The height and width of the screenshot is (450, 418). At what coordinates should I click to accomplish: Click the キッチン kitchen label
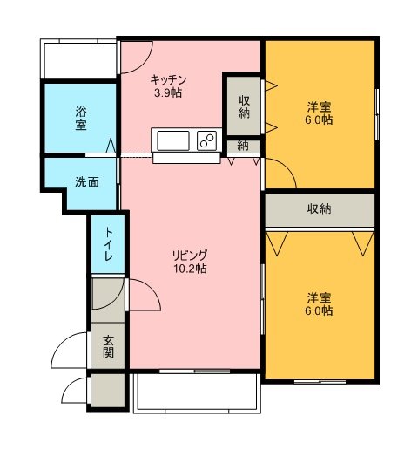pos(168,79)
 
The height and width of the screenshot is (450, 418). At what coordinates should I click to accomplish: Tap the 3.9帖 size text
pos(168,92)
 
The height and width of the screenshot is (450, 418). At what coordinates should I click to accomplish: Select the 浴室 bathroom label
pos(81,118)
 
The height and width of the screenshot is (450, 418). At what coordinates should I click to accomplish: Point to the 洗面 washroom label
pos(87,182)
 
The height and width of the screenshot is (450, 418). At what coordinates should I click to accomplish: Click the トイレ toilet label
pos(109,244)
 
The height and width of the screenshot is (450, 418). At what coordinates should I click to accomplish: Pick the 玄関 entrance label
pos(108,346)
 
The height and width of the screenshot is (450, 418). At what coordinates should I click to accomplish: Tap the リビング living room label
pos(190,256)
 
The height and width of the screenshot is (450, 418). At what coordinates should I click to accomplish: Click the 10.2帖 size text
pos(190,269)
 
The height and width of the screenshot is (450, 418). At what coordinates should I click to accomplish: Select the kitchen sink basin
pos(173,140)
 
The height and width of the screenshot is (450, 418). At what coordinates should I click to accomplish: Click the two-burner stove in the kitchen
pos(207,140)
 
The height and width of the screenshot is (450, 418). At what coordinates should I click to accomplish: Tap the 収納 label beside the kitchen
pos(244,106)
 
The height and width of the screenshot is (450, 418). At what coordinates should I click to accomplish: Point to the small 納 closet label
pos(243,146)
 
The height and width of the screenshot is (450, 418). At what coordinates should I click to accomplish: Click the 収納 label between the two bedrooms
pos(320,208)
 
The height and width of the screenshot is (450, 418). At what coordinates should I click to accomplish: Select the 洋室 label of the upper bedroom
pos(320,106)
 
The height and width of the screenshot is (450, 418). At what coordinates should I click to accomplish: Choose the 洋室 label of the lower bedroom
pos(320,297)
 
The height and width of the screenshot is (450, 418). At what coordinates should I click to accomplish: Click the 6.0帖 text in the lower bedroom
pos(319,310)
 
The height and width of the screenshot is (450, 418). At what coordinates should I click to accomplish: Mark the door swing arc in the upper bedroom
pos(287,167)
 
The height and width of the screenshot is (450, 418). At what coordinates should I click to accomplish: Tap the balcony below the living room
pos(198,393)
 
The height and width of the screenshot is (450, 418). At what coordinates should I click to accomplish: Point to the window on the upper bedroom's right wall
pos(377,114)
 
